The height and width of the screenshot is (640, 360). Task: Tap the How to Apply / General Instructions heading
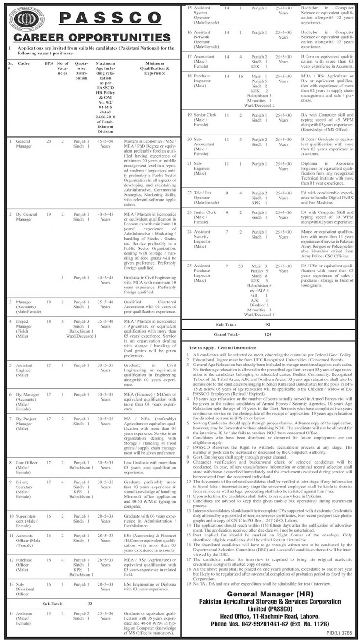point(222,348)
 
